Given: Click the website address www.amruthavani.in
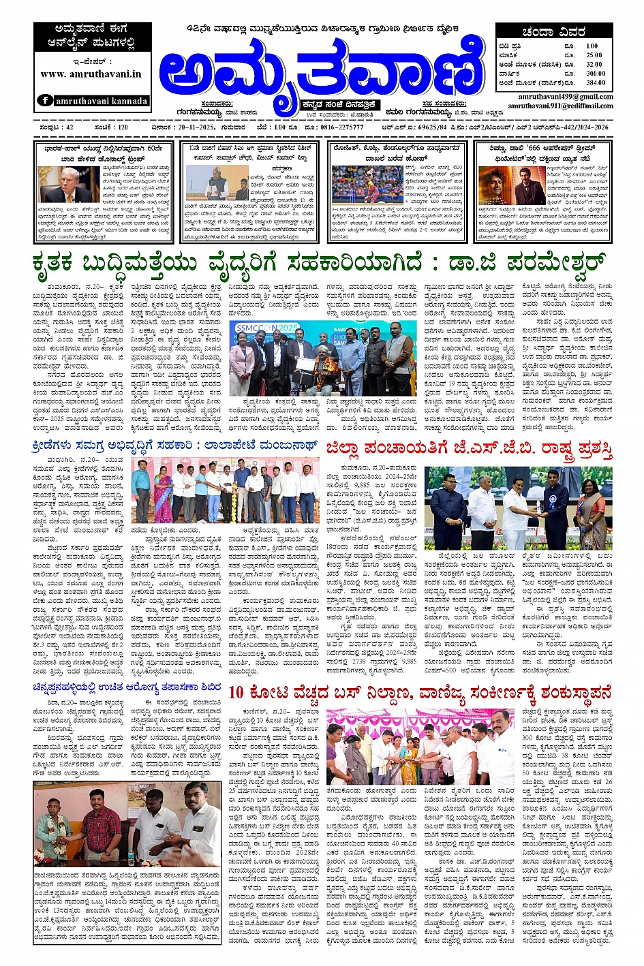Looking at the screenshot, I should tap(91, 74).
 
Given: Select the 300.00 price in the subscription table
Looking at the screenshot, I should tap(595, 73).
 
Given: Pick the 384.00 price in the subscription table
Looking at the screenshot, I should tap(595, 82).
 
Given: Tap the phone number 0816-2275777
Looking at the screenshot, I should tap(338, 127).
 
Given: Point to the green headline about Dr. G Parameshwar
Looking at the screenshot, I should tap(322, 262).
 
